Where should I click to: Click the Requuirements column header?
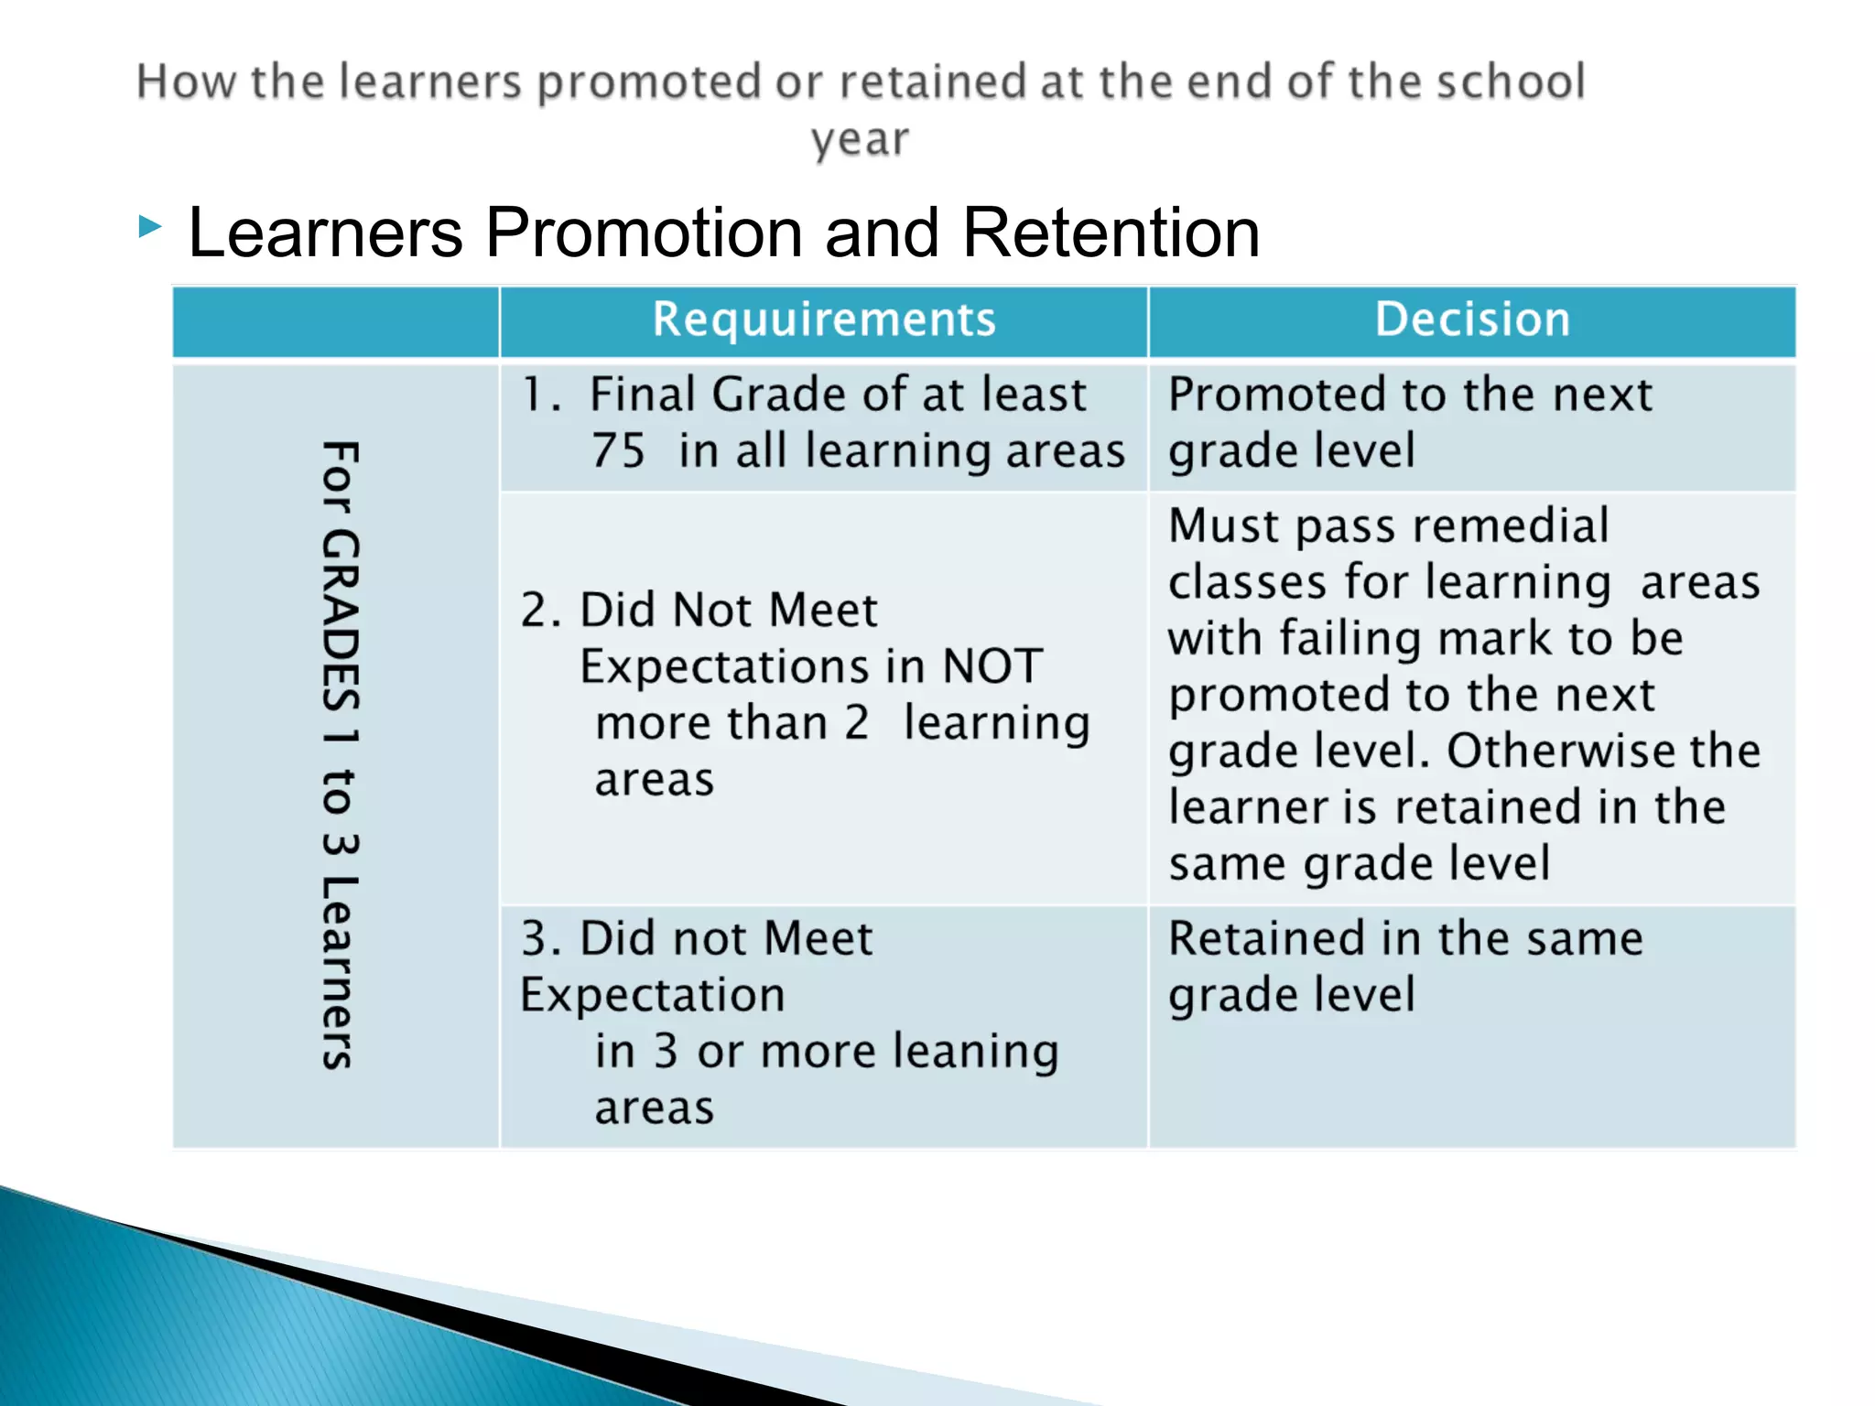point(824,320)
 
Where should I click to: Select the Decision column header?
point(1472,320)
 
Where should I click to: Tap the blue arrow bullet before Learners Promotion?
point(150,226)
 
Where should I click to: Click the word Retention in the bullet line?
point(1111,233)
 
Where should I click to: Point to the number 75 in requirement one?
point(618,450)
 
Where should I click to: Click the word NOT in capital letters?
point(992,665)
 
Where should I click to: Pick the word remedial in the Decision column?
point(1511,526)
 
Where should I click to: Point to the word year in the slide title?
point(860,141)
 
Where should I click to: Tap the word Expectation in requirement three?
point(653,995)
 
